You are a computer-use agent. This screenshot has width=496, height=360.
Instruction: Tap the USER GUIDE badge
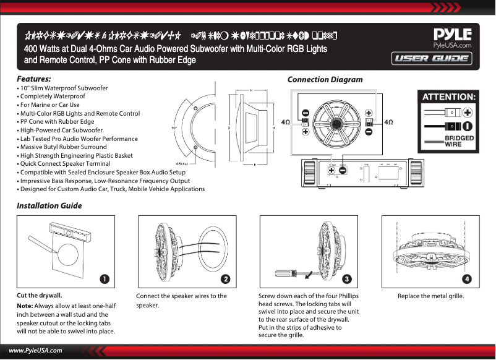click(x=431, y=59)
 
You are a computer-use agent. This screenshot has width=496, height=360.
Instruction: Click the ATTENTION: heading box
click(x=448, y=97)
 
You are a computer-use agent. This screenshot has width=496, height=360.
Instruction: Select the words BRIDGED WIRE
click(x=460, y=140)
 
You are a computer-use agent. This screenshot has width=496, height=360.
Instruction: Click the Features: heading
click(x=34, y=80)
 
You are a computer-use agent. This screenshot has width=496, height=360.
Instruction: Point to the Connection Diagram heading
click(x=325, y=80)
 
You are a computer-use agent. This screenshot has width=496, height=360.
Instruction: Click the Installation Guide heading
click(x=49, y=205)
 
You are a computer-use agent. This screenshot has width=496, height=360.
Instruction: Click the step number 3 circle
click(x=347, y=279)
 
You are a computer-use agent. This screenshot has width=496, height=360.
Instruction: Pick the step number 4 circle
click(x=467, y=279)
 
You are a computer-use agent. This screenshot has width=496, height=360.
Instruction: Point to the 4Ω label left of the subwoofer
click(x=286, y=122)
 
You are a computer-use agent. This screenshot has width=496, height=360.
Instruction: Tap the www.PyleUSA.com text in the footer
click(x=35, y=351)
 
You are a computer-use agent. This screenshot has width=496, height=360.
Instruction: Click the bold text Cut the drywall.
click(x=40, y=295)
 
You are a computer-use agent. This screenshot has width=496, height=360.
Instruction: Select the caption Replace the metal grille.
click(x=430, y=296)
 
